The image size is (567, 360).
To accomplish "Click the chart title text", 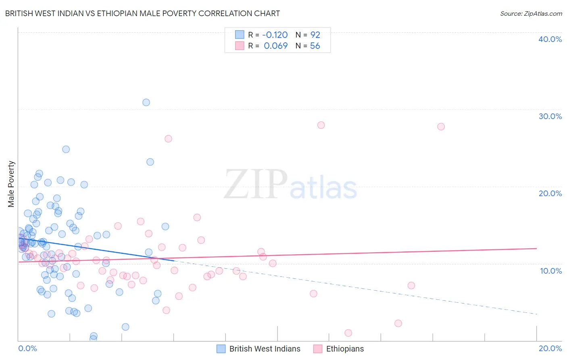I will coord(142,13).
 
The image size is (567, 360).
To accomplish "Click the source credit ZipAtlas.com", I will coord(531,13).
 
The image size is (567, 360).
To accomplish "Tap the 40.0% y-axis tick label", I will coord(550,39).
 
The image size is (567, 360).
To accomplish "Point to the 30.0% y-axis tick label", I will coord(550,116).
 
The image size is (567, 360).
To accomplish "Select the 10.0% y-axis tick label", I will coord(551,271).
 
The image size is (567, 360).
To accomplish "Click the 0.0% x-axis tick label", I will coord(27,348).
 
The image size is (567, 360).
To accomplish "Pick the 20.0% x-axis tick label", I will coord(550,348).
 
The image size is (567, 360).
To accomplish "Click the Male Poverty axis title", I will coord(11,184).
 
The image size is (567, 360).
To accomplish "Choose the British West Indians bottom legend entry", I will coord(258,349).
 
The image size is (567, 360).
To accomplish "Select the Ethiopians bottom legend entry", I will coord(338,349).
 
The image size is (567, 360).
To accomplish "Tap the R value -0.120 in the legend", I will coord(275,35).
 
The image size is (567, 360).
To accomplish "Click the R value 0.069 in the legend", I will coord(276,46).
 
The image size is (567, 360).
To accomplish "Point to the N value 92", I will coord(315,35).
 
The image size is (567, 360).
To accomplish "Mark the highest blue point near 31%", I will coord(146,103).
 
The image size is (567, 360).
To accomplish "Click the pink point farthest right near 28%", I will coord(441,127).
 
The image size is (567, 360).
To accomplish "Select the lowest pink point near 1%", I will coord(348,333).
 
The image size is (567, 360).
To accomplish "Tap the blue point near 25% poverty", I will coord(66,149).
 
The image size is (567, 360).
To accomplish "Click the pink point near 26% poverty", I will coord(168,139).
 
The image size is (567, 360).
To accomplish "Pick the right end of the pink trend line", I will coord(537,249).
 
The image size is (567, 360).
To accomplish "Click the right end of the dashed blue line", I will coord(537,314).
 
